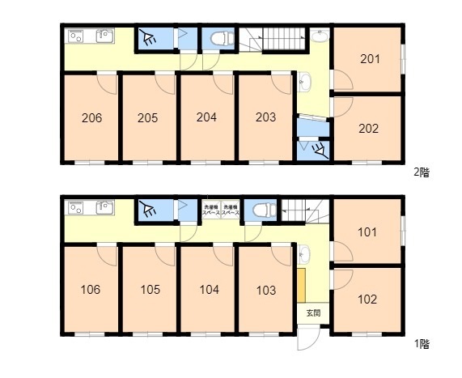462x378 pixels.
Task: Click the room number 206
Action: pos(91,117)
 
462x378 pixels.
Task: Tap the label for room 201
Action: pos(369,58)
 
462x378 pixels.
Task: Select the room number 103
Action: pos(265,290)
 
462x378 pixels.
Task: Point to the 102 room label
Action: pos(367,299)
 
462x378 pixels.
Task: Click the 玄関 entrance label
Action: pos(312,312)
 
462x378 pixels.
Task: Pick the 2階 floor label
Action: pos(421,172)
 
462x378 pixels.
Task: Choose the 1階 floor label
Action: pos(421,344)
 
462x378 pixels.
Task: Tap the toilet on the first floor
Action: pos(260,210)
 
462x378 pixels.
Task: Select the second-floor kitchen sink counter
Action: pos(90,36)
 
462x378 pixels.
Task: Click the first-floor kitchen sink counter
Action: pos(90,208)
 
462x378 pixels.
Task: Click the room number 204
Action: pos(207,116)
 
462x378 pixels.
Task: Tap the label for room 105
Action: pos(149,290)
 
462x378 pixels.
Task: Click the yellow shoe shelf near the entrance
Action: pos(300,284)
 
